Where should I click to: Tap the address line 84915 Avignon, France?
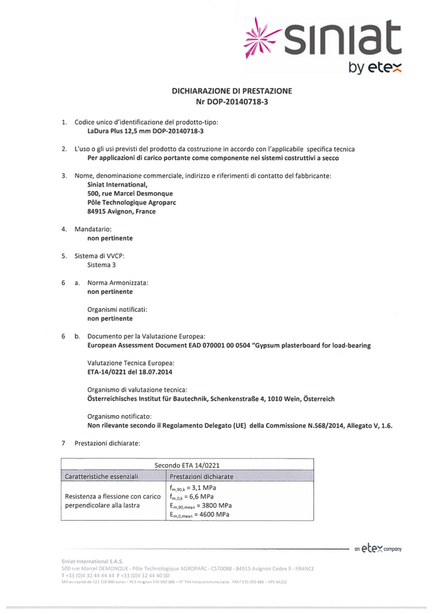pos(121,212)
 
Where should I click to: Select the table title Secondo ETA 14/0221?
pos(188,464)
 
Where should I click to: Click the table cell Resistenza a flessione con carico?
pos(108,495)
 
